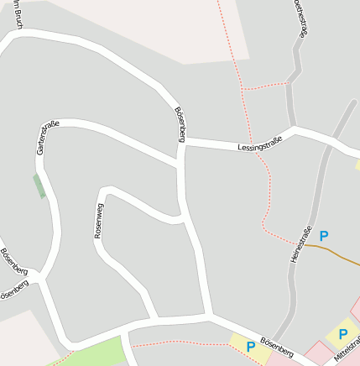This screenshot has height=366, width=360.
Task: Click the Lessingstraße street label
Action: coord(259,144)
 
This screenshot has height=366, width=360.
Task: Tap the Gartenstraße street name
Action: coord(47,138)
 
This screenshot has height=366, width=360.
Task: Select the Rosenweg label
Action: coord(99,221)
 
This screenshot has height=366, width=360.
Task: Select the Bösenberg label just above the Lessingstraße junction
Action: coord(179,123)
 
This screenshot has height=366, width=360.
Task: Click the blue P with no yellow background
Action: coord(324,236)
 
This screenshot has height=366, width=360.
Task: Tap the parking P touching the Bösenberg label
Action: coord(250,346)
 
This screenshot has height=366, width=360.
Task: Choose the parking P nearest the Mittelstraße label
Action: coord(342,334)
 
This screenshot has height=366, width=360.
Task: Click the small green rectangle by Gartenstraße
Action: coord(39,186)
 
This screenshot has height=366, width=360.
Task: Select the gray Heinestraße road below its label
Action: coord(290,294)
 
